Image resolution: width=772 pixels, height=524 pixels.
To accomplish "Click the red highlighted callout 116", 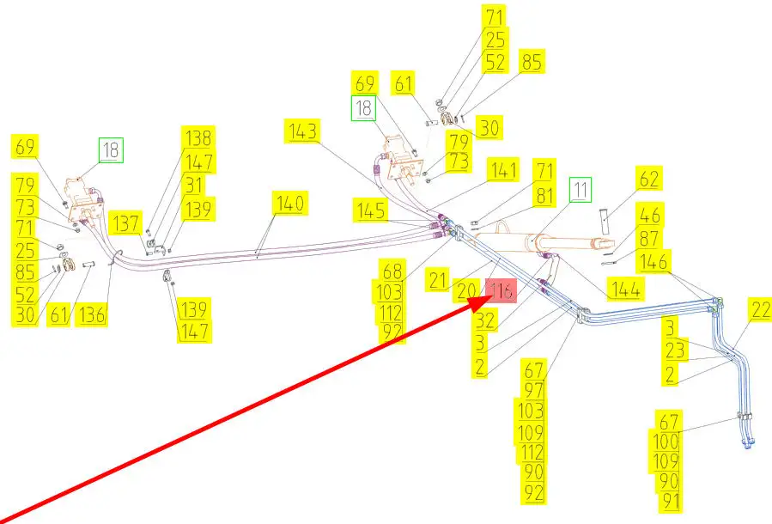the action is (x=501, y=292).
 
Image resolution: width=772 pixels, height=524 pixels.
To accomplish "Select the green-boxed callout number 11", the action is (x=582, y=188).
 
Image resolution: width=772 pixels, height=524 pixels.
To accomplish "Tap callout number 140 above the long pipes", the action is (x=289, y=204).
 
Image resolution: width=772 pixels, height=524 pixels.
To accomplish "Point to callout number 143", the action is (x=304, y=131).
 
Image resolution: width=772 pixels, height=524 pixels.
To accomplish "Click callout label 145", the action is (x=371, y=209).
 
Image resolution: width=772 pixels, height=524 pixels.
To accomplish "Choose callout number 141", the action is (x=502, y=169).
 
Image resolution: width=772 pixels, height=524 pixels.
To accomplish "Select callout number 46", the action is (x=650, y=216).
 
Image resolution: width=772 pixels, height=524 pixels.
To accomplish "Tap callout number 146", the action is (x=655, y=261).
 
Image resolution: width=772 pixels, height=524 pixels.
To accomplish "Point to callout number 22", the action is (x=761, y=311).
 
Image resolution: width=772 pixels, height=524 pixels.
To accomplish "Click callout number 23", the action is (x=676, y=350).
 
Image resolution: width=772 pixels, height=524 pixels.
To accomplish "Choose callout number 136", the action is (x=92, y=315).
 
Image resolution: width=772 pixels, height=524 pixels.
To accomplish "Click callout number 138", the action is (x=198, y=138).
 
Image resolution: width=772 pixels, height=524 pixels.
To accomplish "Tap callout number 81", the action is (x=544, y=195).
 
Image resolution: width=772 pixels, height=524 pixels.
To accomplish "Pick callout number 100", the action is (x=667, y=442).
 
